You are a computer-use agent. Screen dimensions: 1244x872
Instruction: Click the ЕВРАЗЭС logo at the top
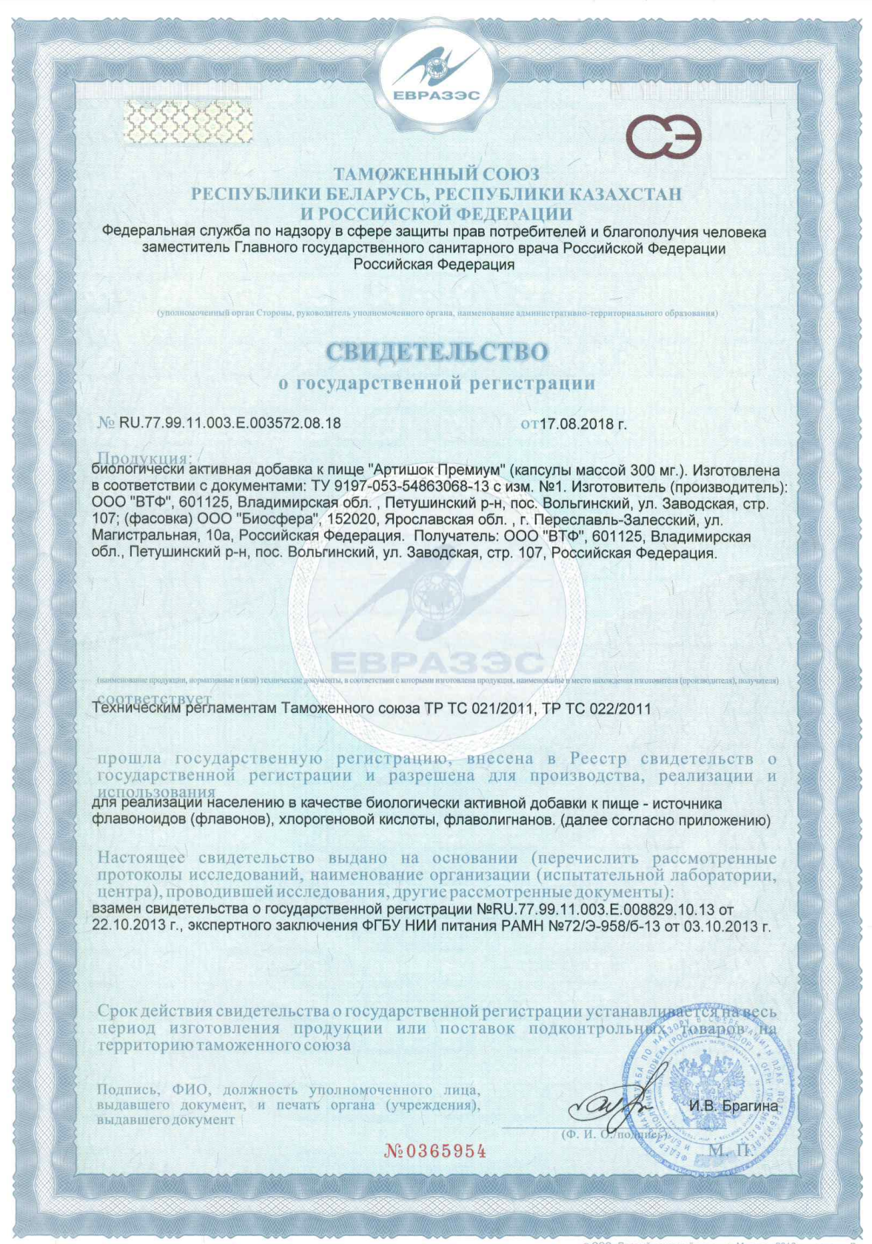pos(436,75)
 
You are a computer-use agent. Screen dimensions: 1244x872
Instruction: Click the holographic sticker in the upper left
pos(187,121)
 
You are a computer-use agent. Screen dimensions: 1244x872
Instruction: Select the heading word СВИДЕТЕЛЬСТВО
pos(437,352)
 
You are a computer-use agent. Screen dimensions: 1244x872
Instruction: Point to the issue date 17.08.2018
pos(578,425)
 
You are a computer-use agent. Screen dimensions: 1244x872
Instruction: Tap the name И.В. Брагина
pos(734,1106)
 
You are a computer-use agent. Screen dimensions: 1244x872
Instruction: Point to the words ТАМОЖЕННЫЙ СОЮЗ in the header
pos(436,175)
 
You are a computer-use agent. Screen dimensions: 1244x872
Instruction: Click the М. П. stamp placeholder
pos(729,1150)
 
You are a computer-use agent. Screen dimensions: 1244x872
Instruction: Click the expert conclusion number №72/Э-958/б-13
pos(617,925)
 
